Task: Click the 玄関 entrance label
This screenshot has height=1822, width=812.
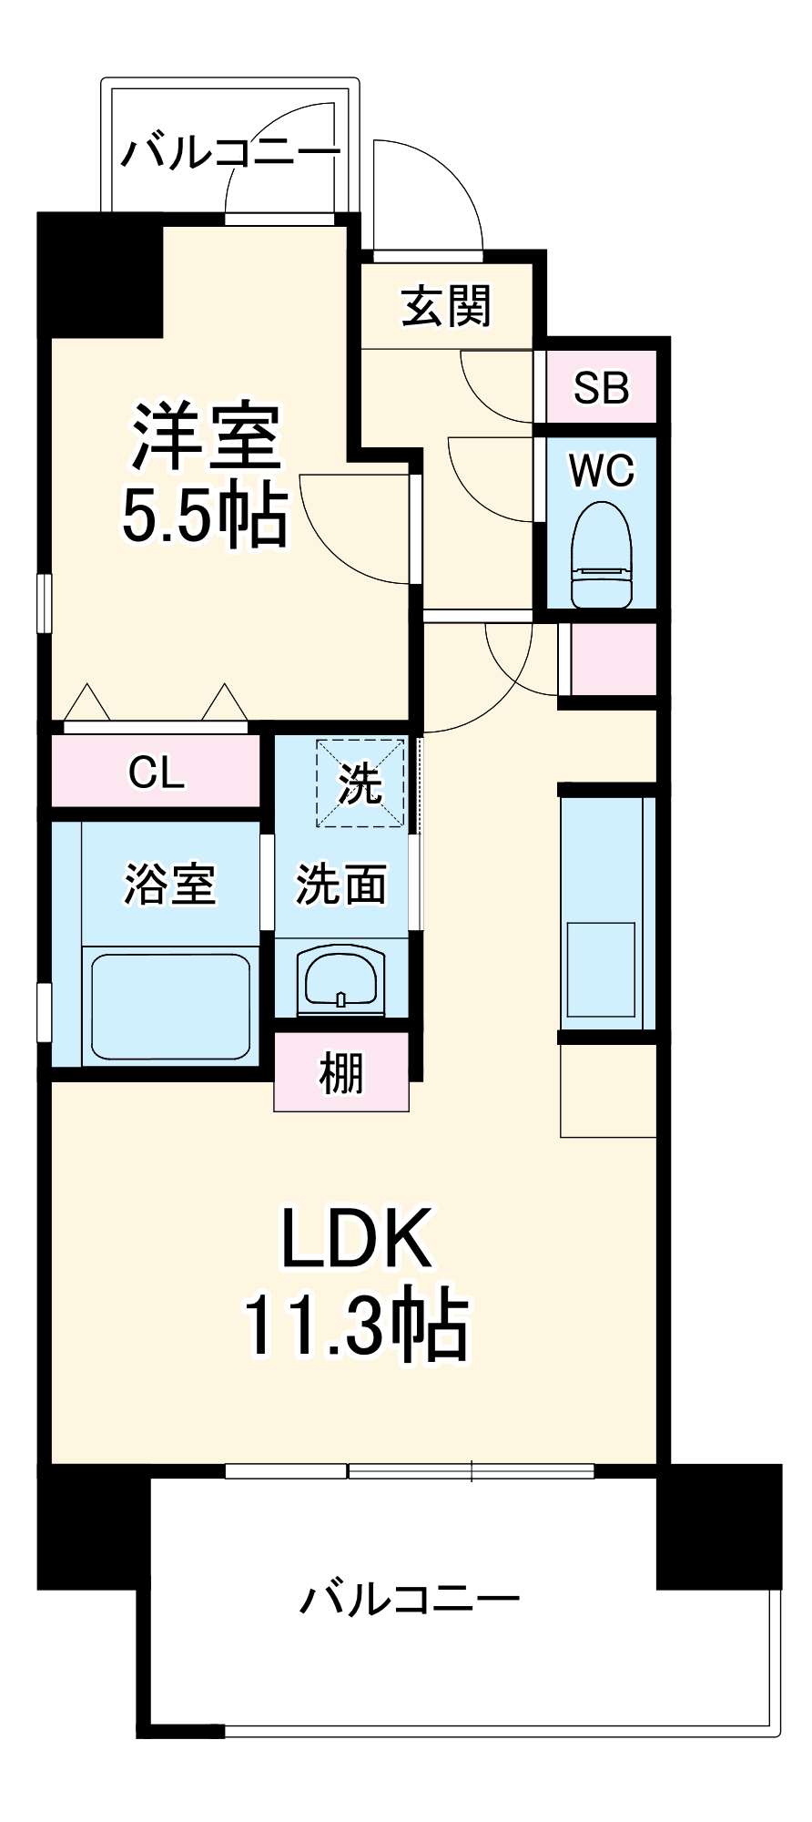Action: [x=446, y=306]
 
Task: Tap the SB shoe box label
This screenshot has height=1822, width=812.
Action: [x=601, y=388]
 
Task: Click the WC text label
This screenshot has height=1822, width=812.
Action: [x=601, y=471]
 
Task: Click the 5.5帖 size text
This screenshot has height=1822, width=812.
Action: [x=205, y=517]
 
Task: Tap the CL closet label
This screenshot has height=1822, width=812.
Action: [x=157, y=773]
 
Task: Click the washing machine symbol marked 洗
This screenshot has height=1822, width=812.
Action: [x=360, y=783]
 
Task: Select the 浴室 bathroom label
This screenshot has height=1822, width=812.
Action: [x=170, y=884]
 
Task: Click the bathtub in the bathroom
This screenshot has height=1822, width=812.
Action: [x=170, y=1006]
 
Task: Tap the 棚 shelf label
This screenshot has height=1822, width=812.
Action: [x=341, y=1073]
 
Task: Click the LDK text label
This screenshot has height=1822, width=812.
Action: [x=356, y=1239]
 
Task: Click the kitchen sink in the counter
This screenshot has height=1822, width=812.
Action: [x=601, y=969]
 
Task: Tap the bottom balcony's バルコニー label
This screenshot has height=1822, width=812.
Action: [x=411, y=1599]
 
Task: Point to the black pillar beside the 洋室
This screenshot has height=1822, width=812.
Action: [x=100, y=273]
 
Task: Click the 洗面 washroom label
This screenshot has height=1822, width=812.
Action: [x=341, y=884]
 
